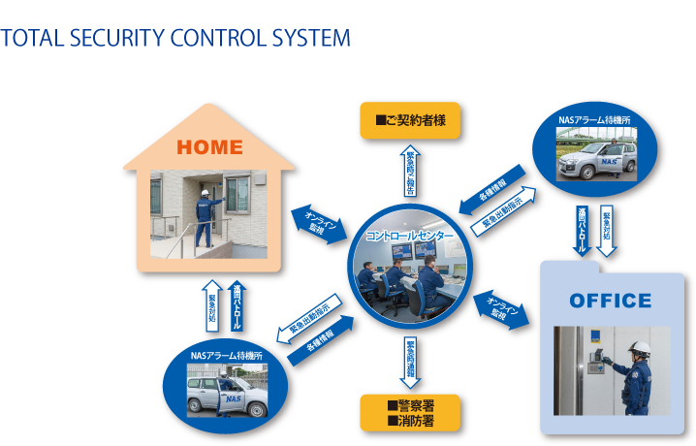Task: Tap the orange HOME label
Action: (x=209, y=147)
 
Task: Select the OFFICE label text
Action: (x=610, y=301)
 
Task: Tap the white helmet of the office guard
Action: (x=640, y=347)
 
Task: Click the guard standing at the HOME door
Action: (x=205, y=219)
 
